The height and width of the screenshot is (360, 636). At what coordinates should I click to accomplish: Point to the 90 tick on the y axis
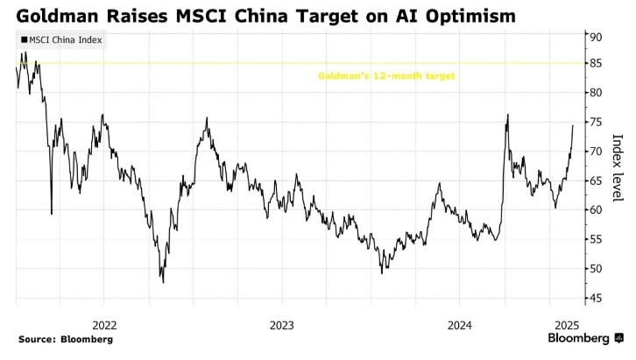click(x=595, y=37)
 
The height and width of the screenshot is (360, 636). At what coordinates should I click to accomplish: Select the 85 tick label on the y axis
click(x=595, y=63)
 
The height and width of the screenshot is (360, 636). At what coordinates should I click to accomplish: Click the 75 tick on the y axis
click(x=595, y=122)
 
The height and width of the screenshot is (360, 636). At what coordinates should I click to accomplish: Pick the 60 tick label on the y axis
click(x=595, y=210)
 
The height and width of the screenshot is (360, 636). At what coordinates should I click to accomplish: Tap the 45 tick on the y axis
click(x=595, y=299)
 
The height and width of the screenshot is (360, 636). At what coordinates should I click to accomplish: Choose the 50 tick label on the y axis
click(x=595, y=269)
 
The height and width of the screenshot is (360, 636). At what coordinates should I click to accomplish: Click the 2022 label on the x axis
click(x=103, y=324)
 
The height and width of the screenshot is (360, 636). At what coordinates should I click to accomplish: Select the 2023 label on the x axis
click(x=282, y=324)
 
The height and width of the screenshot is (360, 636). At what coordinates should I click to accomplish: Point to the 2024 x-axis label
click(x=460, y=324)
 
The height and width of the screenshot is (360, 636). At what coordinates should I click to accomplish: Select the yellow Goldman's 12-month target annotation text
click(x=385, y=76)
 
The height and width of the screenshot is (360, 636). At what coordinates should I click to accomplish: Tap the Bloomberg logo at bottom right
click(x=584, y=338)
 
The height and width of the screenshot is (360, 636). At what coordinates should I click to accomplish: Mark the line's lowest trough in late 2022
click(x=163, y=282)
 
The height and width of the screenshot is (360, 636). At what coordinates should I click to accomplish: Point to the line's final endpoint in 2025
click(x=573, y=125)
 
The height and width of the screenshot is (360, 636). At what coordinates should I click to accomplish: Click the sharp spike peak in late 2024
click(x=507, y=115)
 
